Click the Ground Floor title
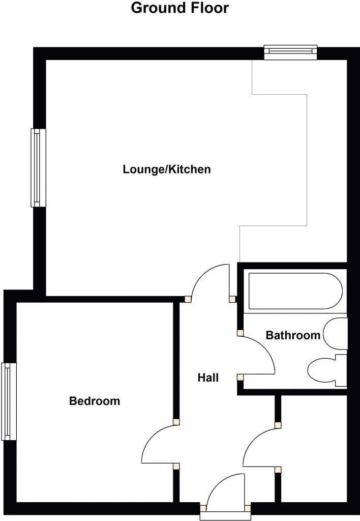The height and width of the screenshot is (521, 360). [180, 8]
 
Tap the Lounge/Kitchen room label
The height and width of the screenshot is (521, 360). [166, 169]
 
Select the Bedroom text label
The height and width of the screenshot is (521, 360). [95, 401]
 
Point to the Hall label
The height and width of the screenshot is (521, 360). [208, 378]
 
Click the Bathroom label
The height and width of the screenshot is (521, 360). [293, 335]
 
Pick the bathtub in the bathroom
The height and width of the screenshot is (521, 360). [294, 292]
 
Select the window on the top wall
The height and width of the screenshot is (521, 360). [290, 53]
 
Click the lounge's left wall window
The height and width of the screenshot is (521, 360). [39, 167]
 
